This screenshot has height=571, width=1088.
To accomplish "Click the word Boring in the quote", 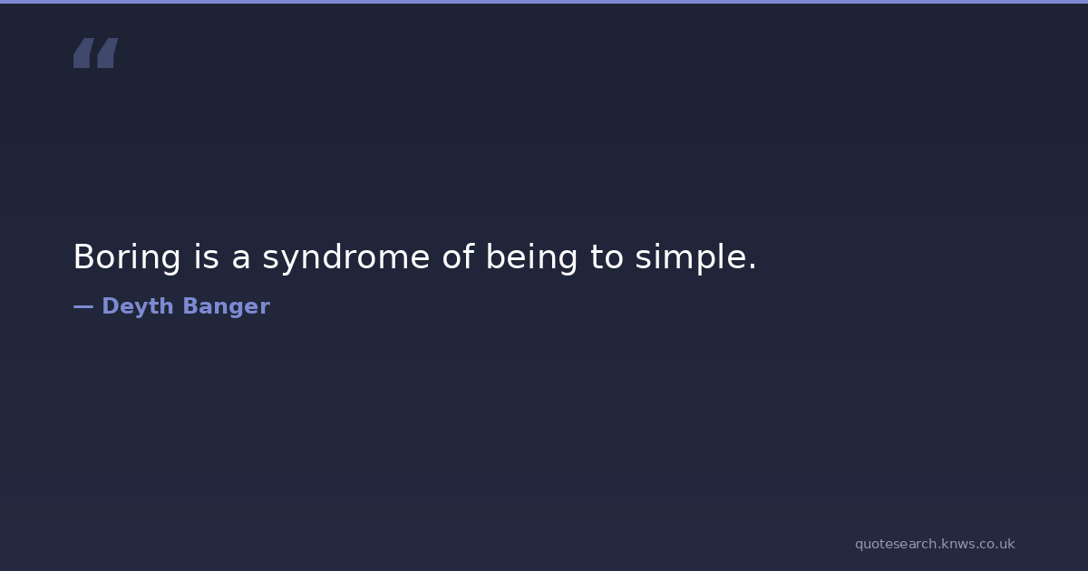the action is tap(127, 257).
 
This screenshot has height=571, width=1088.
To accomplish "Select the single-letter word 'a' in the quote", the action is tap(241, 260).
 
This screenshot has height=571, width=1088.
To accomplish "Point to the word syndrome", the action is tap(345, 257).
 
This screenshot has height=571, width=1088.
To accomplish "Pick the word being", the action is tap(532, 257).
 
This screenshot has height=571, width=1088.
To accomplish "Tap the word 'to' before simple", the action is tap(607, 256).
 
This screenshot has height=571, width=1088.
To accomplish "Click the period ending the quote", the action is tap(753, 266).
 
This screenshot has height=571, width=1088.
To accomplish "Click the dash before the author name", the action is tap(83, 306).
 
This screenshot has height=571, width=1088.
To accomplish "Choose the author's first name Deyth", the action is tap(138, 307).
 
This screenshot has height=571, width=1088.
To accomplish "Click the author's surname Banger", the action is tap(227, 307).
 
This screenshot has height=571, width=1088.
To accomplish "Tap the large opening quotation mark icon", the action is tap(96, 53).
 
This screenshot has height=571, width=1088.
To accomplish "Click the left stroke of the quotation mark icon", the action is tap(83, 53).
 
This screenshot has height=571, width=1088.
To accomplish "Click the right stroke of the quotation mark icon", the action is tap(108, 53).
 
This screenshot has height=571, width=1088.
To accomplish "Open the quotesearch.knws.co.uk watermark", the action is tap(935, 545).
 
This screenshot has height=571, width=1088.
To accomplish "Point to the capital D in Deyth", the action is tap(111, 306).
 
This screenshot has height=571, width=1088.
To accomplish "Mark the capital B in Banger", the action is tap(191, 306).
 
